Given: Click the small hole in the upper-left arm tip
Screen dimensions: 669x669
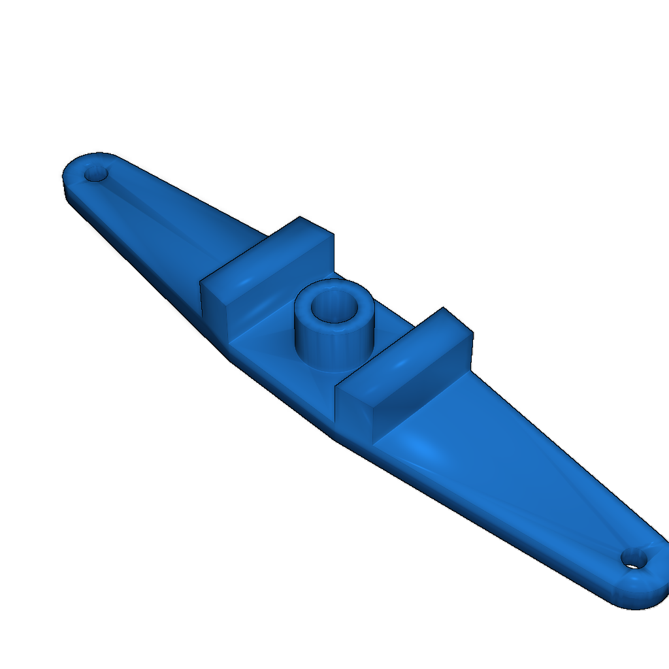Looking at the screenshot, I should [x=96, y=174].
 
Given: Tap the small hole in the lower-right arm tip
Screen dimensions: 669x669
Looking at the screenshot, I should [x=634, y=559].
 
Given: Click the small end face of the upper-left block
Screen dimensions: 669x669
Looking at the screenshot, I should [x=216, y=304].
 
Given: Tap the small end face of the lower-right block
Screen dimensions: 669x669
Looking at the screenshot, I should [x=353, y=412].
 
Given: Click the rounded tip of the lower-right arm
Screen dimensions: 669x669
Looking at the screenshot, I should [x=647, y=591].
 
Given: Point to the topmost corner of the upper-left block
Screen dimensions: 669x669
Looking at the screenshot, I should [x=300, y=217].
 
